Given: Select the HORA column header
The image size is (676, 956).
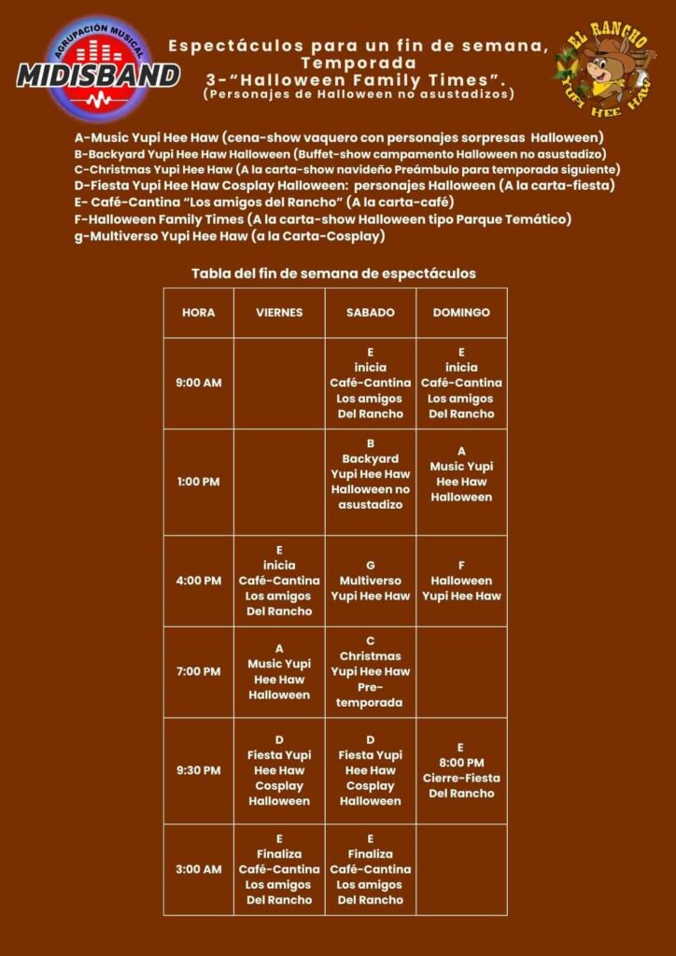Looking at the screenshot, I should (x=198, y=313).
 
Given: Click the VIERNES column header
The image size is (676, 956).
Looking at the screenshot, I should (x=279, y=313).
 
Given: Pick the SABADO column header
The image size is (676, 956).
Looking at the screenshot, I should (x=370, y=313).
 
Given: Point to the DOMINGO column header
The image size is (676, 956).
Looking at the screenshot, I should (x=461, y=313).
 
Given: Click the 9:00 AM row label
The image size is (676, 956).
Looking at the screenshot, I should (x=198, y=383).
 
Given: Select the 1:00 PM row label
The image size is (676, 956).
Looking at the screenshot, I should (x=198, y=482).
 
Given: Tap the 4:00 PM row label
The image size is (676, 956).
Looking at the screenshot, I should (x=198, y=581).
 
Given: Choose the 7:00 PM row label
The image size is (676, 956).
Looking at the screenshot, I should (x=198, y=671).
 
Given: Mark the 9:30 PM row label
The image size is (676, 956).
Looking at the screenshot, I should (x=198, y=770).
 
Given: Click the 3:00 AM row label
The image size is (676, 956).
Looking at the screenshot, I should (x=198, y=869).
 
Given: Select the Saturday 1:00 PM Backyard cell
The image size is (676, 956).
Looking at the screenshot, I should (x=370, y=482).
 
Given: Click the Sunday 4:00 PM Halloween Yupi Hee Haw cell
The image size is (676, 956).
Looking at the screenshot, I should (x=461, y=581).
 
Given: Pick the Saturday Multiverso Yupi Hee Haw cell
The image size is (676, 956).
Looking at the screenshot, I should (x=370, y=581).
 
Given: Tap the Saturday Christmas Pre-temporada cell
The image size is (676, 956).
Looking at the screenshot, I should (x=370, y=671).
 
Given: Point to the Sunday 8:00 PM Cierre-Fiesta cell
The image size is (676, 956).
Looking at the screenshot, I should (x=461, y=770).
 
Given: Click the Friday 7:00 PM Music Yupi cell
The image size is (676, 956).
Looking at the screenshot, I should (x=279, y=671).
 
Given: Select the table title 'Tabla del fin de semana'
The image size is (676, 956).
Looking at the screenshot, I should (x=333, y=274).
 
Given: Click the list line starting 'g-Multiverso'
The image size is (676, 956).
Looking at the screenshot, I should (x=230, y=237).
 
